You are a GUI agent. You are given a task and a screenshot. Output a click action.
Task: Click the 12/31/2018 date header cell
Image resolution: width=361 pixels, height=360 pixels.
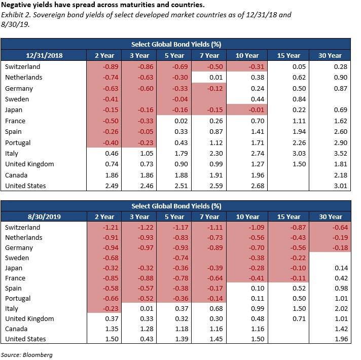click(x=44, y=55)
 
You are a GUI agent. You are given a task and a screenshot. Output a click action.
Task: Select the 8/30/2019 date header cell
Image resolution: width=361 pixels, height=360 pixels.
click(x=44, y=217)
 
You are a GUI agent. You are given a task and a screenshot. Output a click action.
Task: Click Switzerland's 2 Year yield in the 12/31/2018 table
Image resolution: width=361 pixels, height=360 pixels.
click(x=111, y=67)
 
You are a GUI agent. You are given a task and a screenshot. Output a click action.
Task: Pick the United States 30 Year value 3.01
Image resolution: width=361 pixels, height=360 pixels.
click(x=341, y=186)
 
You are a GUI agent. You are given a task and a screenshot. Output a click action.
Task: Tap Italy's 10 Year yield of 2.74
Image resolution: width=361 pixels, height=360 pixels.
click(x=258, y=153)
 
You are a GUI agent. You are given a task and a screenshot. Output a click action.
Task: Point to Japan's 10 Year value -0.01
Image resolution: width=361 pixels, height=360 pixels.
click(x=256, y=110)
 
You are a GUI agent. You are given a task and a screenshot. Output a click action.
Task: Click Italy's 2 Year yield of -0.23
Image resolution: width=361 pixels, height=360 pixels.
click(x=111, y=308)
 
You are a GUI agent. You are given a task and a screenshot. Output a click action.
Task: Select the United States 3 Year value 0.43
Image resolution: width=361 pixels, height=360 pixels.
click(x=147, y=339)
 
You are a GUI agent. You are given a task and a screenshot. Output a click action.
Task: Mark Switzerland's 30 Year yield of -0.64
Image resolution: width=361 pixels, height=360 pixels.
click(x=340, y=228)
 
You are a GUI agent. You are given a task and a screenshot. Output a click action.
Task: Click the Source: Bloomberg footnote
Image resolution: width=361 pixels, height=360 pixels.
click(x=27, y=355)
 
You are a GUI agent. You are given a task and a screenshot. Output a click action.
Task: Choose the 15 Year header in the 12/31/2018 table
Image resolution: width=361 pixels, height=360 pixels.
click(x=288, y=55)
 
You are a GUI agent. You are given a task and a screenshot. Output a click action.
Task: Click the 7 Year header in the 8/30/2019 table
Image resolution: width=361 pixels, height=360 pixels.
click(x=209, y=217)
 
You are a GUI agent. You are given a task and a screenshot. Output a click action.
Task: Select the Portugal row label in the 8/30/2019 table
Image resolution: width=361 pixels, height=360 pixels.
click(x=18, y=299)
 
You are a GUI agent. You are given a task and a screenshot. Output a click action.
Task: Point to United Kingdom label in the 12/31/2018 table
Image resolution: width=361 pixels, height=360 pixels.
click(x=29, y=164)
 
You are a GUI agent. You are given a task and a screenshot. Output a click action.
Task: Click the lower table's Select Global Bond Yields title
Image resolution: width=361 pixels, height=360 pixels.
click(x=176, y=206)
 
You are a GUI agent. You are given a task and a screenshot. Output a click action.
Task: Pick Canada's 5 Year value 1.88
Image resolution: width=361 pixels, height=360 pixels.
click(x=181, y=175)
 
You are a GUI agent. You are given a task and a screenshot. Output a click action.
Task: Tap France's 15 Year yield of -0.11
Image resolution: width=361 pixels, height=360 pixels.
click(x=298, y=278)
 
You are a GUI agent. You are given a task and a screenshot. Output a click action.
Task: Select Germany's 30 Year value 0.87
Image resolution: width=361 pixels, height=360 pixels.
click(x=341, y=89)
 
